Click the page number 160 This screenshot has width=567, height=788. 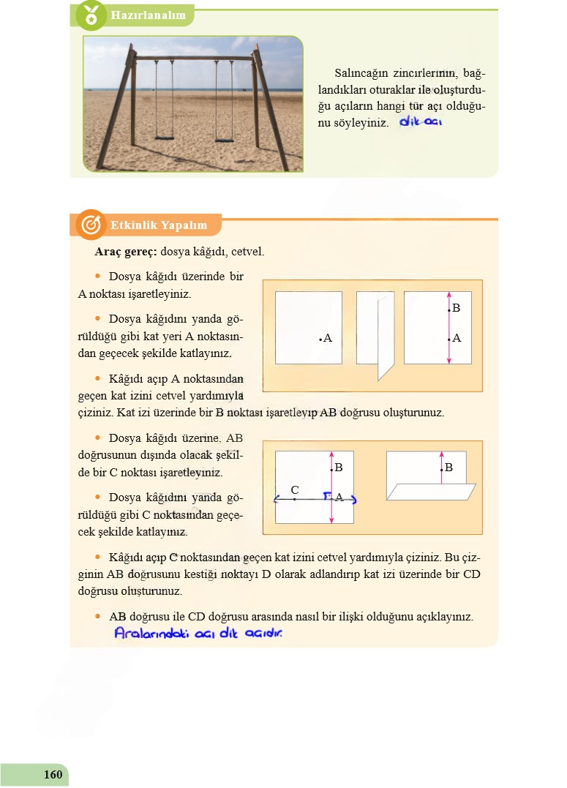[53, 775]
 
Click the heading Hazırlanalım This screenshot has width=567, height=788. [147, 15]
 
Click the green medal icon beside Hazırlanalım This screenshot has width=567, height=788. [91, 15]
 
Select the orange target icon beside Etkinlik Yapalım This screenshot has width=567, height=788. [91, 225]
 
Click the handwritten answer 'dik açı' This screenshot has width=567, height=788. [421, 122]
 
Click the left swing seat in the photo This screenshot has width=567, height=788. [165, 136]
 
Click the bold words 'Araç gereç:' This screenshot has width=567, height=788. [126, 252]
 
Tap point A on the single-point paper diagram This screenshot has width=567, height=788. [322, 339]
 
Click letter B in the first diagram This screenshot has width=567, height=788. [456, 309]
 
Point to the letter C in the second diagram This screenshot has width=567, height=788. [294, 489]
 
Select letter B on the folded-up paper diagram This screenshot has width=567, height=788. [448, 467]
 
